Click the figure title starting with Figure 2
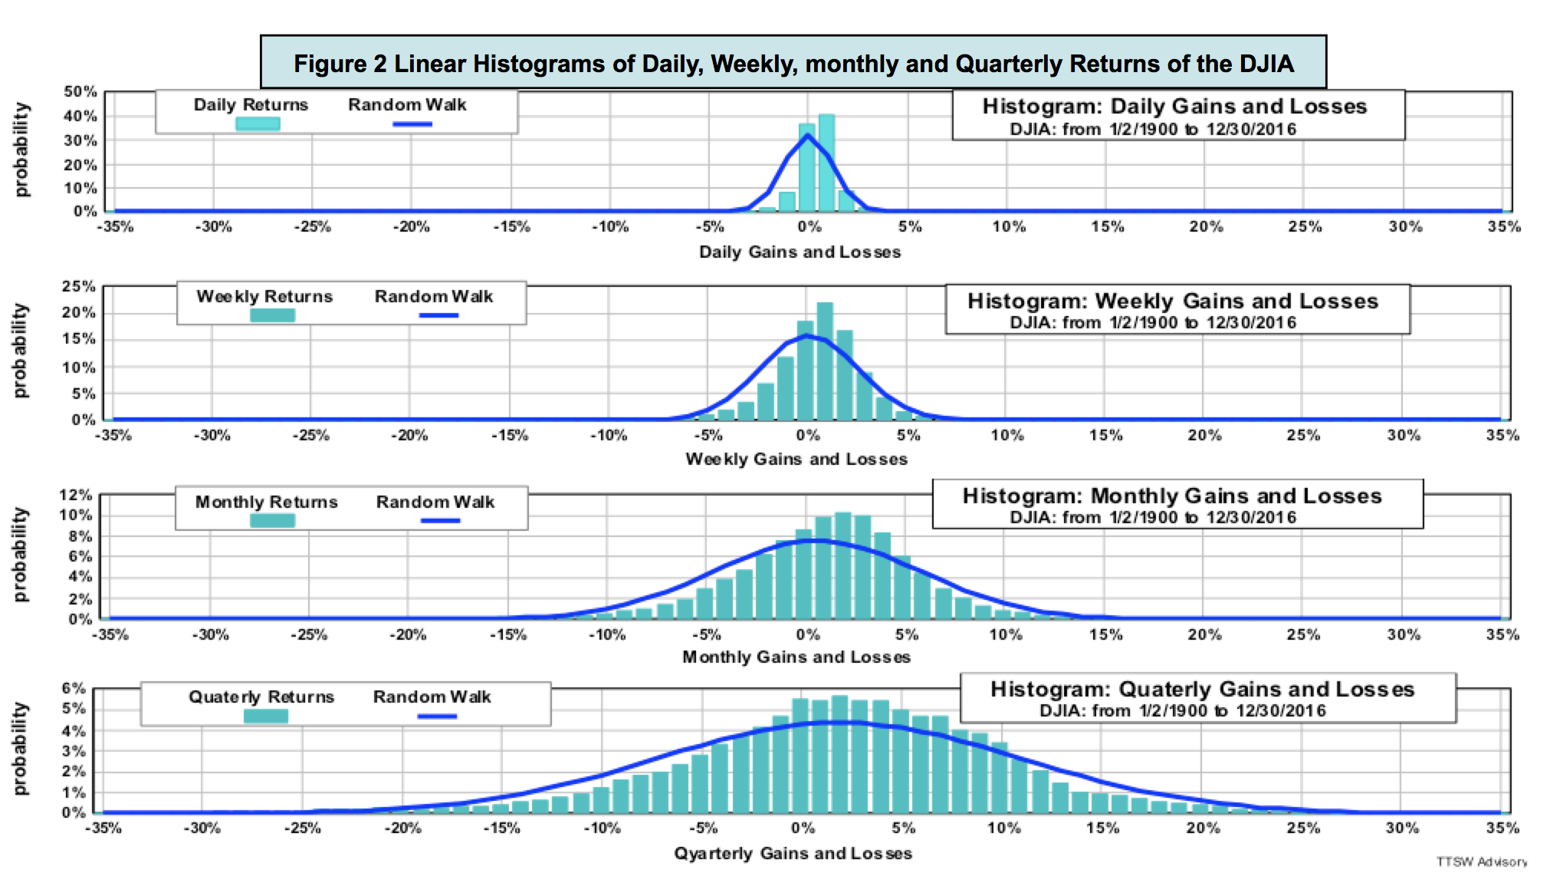793,63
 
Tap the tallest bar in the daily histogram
826,163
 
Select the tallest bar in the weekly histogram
825,361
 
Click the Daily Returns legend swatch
258,124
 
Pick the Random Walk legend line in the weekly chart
438,315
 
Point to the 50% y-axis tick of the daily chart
80,91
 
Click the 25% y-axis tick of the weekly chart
79,286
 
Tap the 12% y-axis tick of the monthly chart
76,495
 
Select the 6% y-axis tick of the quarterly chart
74,688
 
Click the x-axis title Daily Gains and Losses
800,252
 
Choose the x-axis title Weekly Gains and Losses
796,459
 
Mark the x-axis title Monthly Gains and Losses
796,657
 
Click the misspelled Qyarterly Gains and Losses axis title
793,853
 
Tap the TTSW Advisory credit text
1481,861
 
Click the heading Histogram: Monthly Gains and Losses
1172,496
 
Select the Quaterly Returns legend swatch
266,716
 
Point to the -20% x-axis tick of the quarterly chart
402,828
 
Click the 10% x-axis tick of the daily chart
1008,226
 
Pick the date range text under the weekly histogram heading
1152,322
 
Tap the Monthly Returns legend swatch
272,520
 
